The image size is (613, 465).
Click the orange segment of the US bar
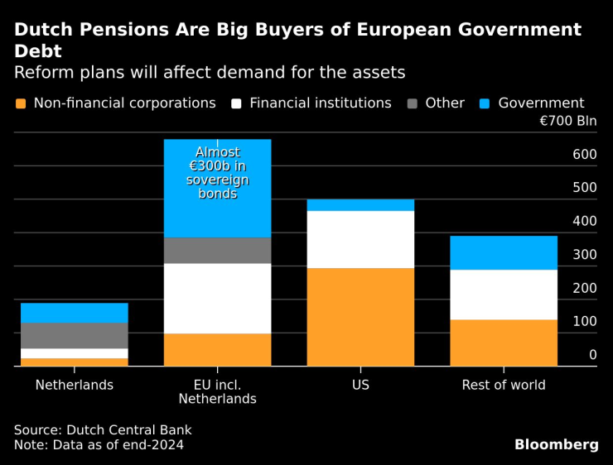click(360, 317)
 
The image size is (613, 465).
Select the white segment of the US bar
click(360, 239)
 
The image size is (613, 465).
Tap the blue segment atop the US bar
click(360, 205)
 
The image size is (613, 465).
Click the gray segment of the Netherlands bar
click(75, 335)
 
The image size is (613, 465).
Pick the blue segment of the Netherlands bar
click(75, 313)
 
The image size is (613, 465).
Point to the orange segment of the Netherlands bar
click(75, 362)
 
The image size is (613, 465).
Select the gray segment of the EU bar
click(217, 251)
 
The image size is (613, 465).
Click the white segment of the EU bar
click(217, 298)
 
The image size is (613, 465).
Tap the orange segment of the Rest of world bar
click(504, 343)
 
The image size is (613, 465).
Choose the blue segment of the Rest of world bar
click(504, 252)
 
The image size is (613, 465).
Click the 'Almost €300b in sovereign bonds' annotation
click(217, 173)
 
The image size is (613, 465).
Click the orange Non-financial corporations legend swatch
click(21, 103)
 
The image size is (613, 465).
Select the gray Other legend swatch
click(412, 103)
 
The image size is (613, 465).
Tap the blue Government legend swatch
click(485, 103)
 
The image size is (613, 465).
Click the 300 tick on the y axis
click(584, 255)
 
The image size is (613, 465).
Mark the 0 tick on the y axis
click(592, 355)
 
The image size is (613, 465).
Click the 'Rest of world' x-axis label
click(504, 385)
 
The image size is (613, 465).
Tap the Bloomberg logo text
click(556, 444)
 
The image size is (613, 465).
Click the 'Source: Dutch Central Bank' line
click(103, 430)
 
